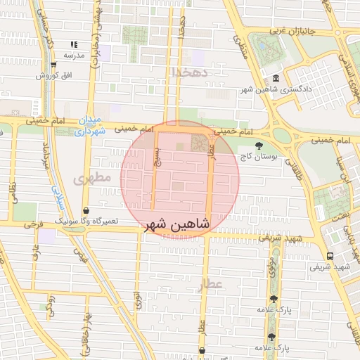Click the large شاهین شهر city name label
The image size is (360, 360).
point(176,225)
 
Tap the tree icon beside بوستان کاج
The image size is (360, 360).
point(259,145)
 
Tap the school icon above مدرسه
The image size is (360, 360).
point(74,45)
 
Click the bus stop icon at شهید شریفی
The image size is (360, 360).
point(330,256)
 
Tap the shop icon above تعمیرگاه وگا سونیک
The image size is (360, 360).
point(86,210)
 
